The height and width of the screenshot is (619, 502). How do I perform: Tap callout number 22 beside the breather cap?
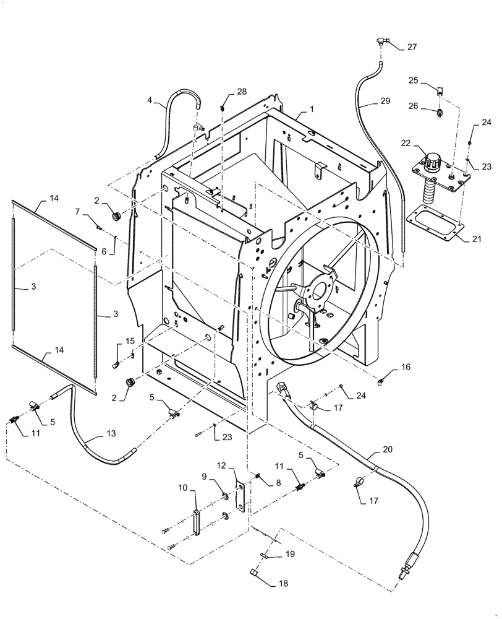(x=406, y=144)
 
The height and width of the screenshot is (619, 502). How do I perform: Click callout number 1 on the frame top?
(x=312, y=109)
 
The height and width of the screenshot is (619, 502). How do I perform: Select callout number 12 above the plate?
(x=222, y=464)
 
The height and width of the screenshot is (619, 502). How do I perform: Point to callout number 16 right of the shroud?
(x=405, y=367)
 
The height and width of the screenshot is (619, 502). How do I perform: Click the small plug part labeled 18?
(x=255, y=571)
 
